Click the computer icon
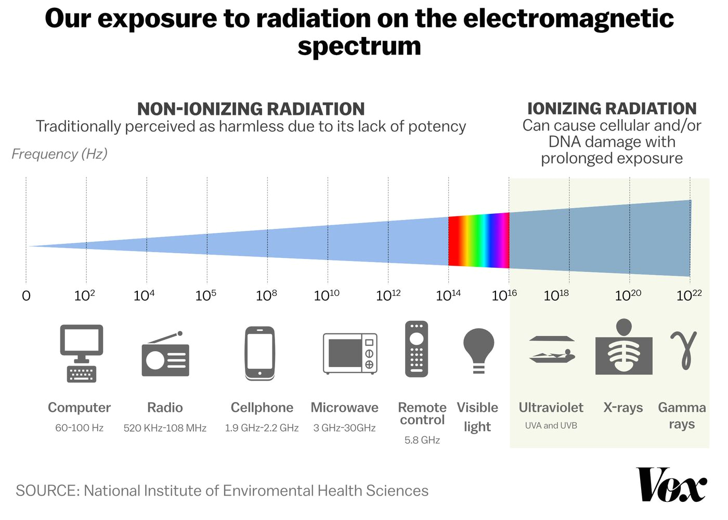click(x=81, y=353)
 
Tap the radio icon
click(x=165, y=356)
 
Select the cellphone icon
click(x=260, y=354)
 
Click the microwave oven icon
click(x=350, y=354)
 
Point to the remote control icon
click(x=417, y=349)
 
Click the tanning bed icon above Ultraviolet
click(x=552, y=349)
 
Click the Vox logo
click(x=671, y=485)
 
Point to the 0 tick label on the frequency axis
click(x=26, y=296)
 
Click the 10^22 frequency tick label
click(x=689, y=295)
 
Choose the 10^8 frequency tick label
click(x=266, y=295)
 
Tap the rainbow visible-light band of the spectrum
click(x=478, y=241)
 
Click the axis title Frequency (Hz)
click(x=59, y=154)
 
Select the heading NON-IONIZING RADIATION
click(x=251, y=109)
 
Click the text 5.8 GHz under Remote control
click(x=422, y=440)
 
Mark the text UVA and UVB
click(x=551, y=425)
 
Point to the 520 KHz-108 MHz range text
click(x=165, y=428)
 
